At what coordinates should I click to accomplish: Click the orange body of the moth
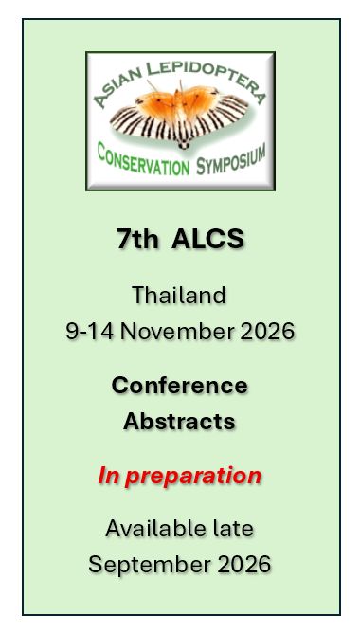click(x=180, y=105)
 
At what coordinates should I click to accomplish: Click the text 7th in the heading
click(x=137, y=240)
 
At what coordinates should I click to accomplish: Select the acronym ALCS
click(x=207, y=240)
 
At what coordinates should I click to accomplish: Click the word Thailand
click(x=179, y=295)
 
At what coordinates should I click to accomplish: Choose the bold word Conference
click(x=179, y=386)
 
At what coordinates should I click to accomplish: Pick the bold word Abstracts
click(x=179, y=421)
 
